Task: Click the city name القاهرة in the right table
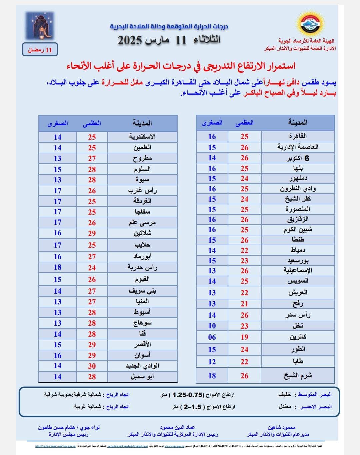298,136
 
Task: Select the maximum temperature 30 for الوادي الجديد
92,366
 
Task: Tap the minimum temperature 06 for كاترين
212,337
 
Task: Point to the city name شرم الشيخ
298,376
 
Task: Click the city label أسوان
142,355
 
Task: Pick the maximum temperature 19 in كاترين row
245,337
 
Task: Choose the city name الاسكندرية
142,137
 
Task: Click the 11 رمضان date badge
40,50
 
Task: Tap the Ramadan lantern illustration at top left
40,26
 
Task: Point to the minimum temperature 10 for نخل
212,326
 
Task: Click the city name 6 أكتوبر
298,158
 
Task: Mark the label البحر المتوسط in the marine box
315,395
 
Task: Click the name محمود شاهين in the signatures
281,427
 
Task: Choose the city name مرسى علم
142,222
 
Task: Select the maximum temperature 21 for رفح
245,304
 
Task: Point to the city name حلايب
142,245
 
